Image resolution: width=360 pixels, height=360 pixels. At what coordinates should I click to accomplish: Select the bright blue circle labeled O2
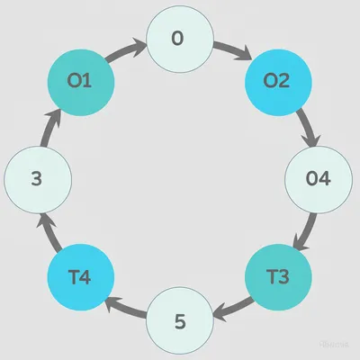click(x=277, y=80)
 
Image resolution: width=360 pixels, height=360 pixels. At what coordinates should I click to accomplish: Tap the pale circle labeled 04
click(x=319, y=178)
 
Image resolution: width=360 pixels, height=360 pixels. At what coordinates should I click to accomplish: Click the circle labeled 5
click(x=179, y=319)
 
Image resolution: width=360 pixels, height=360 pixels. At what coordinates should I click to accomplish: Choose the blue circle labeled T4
click(x=80, y=277)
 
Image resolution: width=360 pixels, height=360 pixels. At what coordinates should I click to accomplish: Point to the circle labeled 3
click(x=38, y=178)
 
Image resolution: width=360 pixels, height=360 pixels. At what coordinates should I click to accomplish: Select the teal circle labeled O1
click(x=80, y=80)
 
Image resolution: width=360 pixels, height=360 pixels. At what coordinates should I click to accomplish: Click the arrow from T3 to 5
click(x=231, y=306)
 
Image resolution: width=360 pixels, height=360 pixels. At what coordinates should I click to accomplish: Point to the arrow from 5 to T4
click(x=126, y=306)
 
